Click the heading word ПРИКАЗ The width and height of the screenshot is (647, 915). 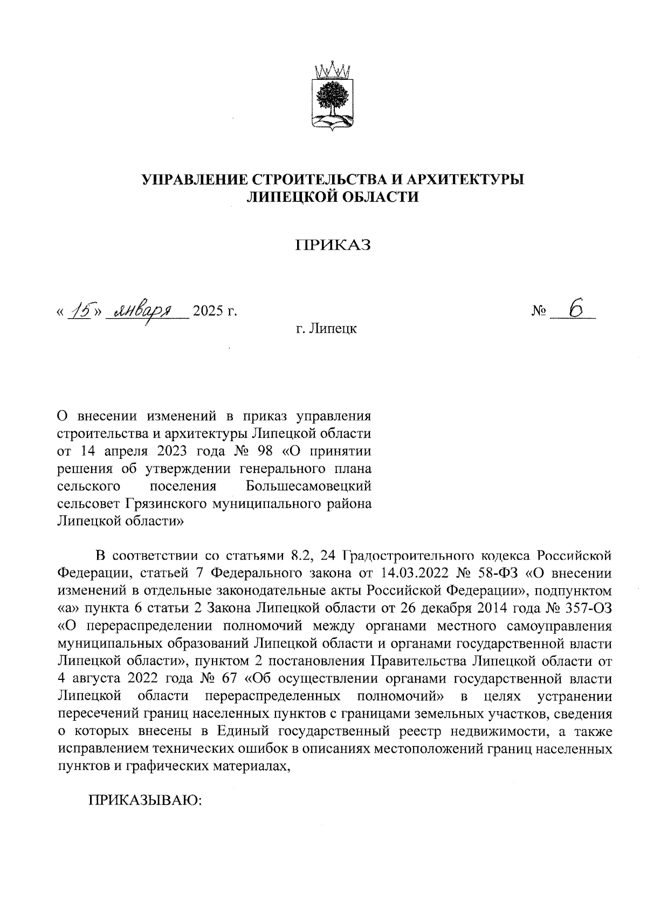click(333, 245)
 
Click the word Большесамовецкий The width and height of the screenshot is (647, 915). click(308, 486)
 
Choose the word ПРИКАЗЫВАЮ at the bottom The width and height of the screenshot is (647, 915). click(145, 800)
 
